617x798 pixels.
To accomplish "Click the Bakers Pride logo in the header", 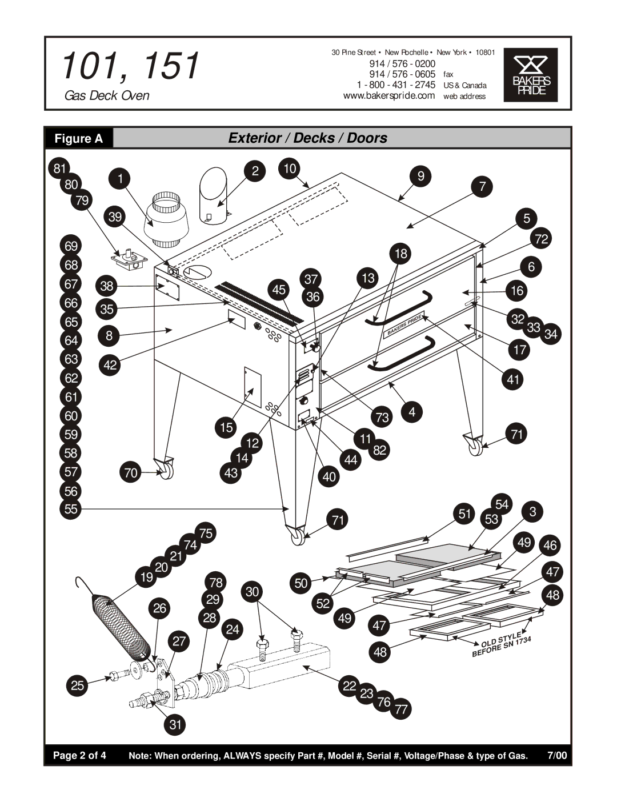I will (530, 75).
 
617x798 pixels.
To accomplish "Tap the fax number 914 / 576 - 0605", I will (402, 74).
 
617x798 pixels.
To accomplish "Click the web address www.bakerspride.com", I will (389, 95).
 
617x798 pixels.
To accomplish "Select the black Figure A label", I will (79, 138).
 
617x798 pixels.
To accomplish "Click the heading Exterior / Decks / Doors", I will (307, 138).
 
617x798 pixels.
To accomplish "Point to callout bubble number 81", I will (59, 169).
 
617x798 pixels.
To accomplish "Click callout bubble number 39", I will (115, 216).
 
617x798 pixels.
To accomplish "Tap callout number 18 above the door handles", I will (401, 253).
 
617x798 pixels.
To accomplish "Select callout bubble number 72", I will (542, 239).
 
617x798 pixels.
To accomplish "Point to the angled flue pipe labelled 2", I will (213, 194).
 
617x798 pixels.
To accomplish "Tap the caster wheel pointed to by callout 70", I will (166, 471).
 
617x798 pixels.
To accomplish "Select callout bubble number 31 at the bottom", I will (175, 725).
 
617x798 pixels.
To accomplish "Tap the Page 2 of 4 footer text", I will (79, 756).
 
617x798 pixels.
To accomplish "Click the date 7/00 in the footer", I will (556, 756).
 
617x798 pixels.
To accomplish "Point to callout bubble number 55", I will (70, 509).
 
